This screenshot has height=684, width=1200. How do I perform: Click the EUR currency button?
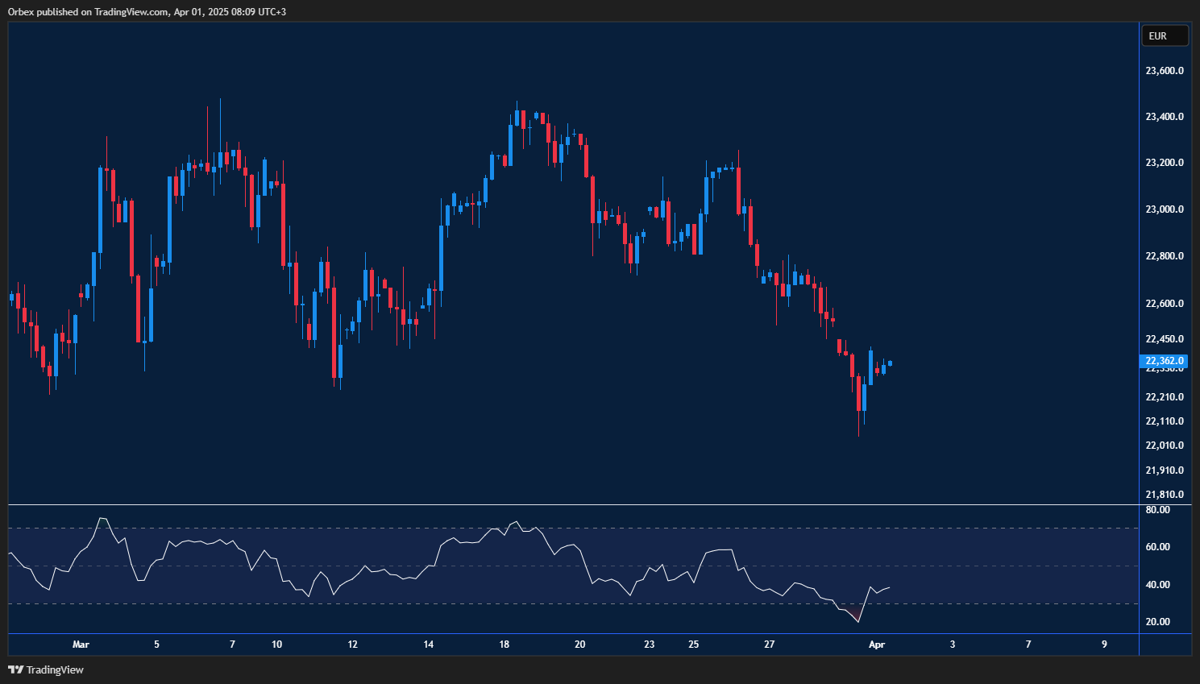click(1164, 36)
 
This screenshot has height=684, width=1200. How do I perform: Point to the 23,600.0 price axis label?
click(1164, 71)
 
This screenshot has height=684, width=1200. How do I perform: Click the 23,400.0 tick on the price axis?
click(1164, 117)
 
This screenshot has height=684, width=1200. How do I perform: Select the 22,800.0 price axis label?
click(1164, 256)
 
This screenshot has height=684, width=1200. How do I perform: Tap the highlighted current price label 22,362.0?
click(1165, 361)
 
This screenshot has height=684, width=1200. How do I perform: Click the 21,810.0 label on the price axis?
click(1164, 495)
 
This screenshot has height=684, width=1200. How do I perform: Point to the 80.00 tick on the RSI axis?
click(1157, 510)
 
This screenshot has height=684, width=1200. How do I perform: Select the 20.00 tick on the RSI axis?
click(1157, 622)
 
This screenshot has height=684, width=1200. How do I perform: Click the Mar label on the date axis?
click(81, 645)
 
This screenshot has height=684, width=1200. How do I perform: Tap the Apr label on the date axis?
click(877, 645)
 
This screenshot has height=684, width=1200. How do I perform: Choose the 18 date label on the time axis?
click(504, 645)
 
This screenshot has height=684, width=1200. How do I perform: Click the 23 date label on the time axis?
click(650, 645)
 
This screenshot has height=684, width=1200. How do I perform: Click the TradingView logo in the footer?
click(46, 670)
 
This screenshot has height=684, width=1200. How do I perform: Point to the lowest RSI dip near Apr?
click(858, 621)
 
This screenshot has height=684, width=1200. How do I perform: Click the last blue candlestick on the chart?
click(890, 363)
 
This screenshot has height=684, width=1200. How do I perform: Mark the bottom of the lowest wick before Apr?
click(858, 436)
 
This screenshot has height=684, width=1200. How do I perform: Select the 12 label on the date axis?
click(352, 645)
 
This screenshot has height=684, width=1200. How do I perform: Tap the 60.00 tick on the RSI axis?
click(1157, 547)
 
